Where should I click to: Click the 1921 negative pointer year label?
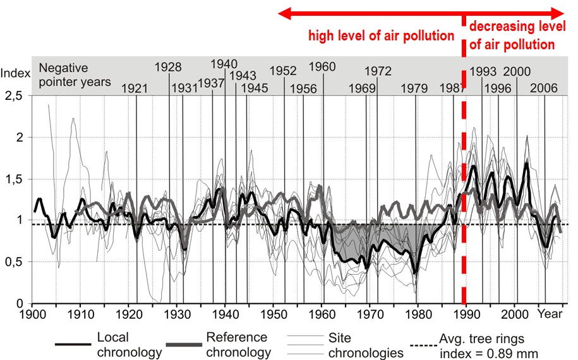[133, 89]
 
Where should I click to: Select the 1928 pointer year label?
[168, 68]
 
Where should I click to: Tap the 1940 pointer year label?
[224, 64]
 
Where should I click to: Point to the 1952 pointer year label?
[283, 71]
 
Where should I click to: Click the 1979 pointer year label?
[414, 89]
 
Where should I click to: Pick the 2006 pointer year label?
[543, 88]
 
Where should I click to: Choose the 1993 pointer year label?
[484, 71]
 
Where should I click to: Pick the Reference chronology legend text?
[237, 344]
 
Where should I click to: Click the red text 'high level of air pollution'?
[381, 35]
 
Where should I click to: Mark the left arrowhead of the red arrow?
[286, 13]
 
